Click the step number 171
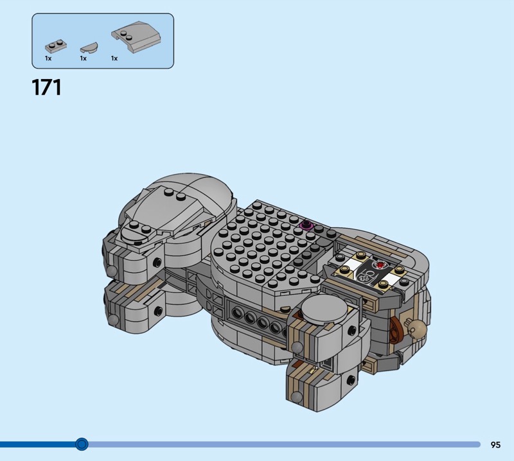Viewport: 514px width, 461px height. [46, 87]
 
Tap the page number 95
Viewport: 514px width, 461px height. [495, 444]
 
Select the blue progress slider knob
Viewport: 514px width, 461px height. [82, 444]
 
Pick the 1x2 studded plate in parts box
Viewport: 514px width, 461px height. [56, 46]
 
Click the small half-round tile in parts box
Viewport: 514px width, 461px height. [89, 48]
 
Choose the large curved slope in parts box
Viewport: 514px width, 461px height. [136, 37]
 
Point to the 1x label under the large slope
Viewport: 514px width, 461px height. [114, 58]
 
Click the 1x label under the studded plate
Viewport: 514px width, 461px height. [48, 58]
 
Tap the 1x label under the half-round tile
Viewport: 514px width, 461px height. [84, 58]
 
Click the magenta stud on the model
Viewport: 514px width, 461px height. [307, 225]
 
